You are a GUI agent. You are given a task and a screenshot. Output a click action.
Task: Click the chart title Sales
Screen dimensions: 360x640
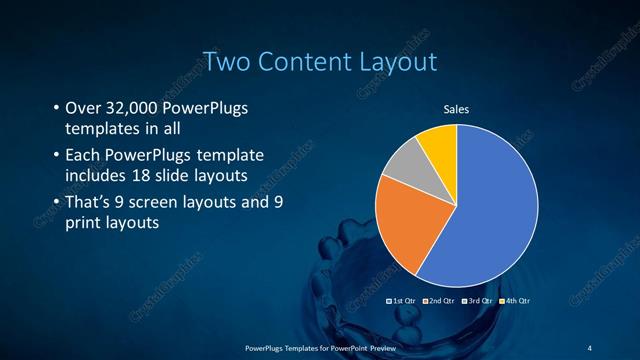456,110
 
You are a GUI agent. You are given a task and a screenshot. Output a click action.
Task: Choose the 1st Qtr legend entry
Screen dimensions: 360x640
402,300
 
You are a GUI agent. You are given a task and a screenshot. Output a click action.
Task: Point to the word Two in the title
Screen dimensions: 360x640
226,62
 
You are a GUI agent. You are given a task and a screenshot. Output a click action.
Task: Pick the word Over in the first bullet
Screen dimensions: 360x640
83,108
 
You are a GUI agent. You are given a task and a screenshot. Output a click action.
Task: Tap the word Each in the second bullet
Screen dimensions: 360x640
82,156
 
